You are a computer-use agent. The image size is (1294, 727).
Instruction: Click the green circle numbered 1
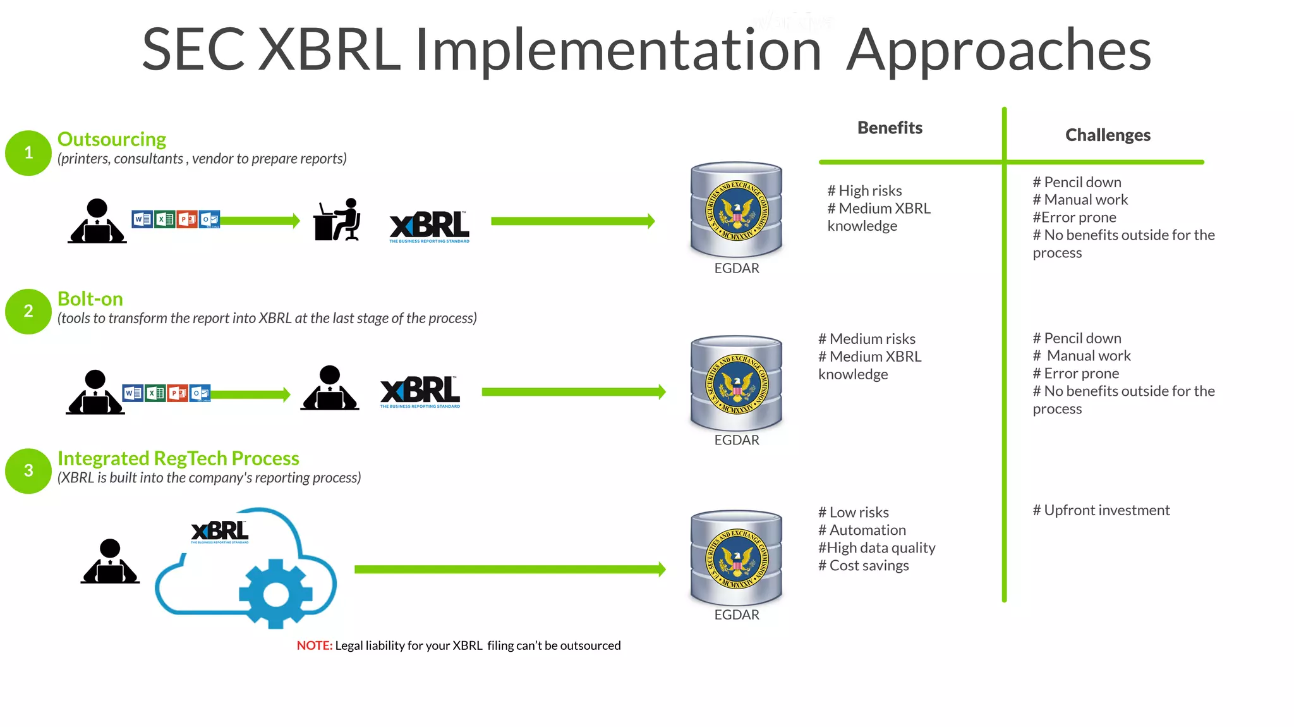coord(28,153)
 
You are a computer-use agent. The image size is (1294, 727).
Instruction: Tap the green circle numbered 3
coord(28,471)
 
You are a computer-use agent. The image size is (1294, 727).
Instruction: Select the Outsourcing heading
coord(112,139)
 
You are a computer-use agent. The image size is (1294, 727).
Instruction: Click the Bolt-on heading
coord(90,299)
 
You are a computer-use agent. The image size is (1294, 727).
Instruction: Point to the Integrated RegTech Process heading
coord(178,458)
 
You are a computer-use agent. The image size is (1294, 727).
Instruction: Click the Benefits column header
coord(890,128)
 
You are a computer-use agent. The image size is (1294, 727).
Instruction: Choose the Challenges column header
coord(1108,135)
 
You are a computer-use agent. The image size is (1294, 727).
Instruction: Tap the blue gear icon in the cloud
coord(275,594)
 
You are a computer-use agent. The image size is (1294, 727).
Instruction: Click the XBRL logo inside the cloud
coord(220,532)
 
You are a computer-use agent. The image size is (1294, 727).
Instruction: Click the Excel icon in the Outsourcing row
coord(165,219)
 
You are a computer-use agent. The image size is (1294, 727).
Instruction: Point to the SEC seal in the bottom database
coord(737,559)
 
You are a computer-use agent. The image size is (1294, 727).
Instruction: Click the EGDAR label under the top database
coord(737,268)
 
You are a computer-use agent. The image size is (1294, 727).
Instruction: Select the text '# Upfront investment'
coord(1101,510)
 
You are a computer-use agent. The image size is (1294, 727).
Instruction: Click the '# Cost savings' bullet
coord(864,566)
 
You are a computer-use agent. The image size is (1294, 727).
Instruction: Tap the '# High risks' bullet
coord(864,191)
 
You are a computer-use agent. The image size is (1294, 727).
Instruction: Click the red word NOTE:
coord(314,645)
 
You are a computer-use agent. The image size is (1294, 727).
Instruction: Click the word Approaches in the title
coord(998,51)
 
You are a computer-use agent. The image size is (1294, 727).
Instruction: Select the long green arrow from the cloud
coord(509,570)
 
